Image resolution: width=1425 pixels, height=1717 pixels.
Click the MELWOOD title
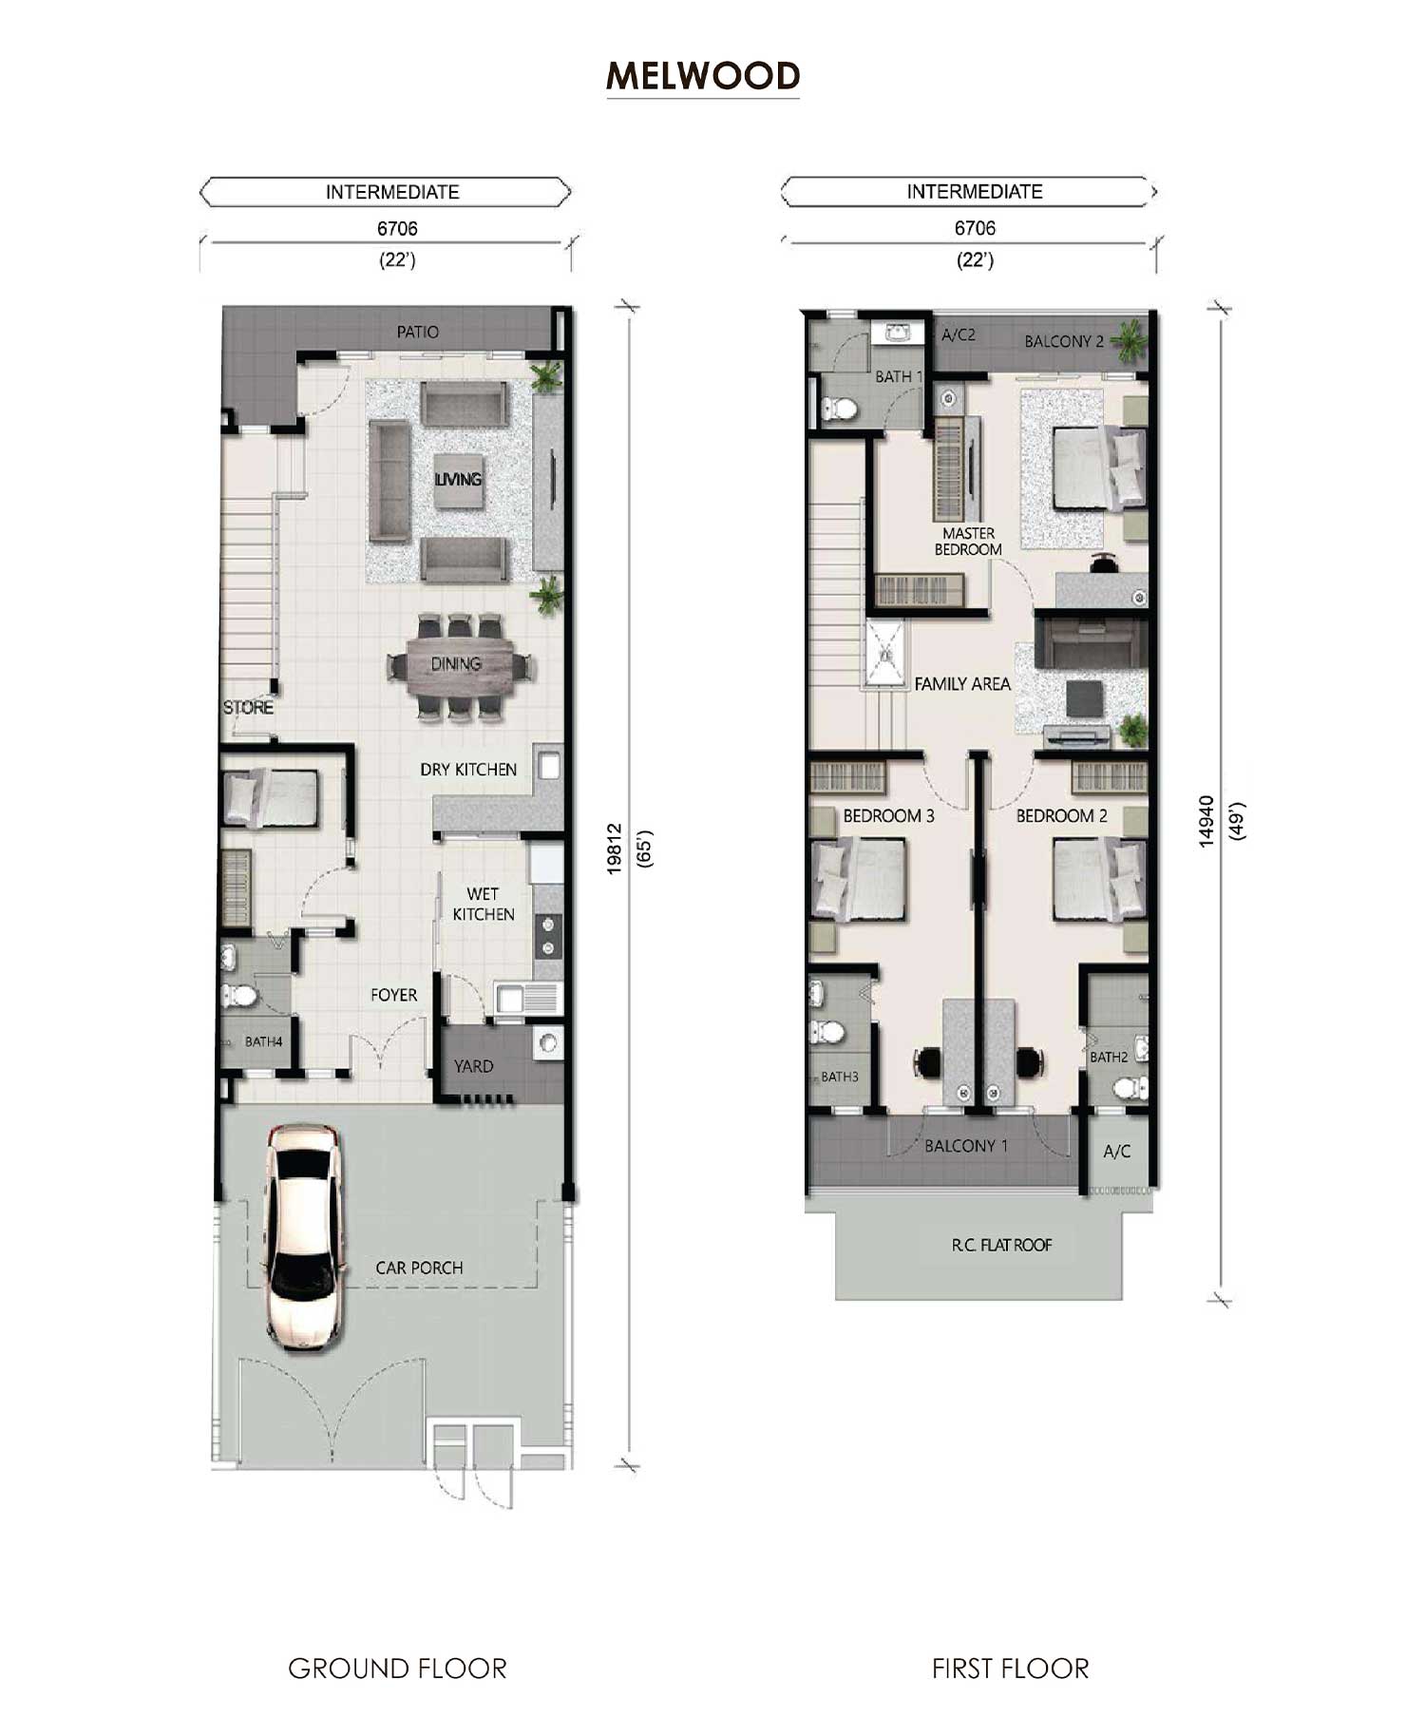pyautogui.click(x=703, y=76)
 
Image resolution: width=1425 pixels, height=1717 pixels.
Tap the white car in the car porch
pyautogui.click(x=304, y=1237)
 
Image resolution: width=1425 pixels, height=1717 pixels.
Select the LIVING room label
pyautogui.click(x=458, y=479)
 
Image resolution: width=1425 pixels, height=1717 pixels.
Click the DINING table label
pyautogui.click(x=456, y=663)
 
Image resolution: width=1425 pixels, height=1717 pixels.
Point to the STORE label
pyautogui.click(x=248, y=707)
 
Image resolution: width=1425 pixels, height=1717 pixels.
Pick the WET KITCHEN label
pyautogui.click(x=484, y=904)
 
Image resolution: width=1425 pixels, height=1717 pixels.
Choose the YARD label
pyautogui.click(x=473, y=1066)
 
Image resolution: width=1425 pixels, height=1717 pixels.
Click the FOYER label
pyautogui.click(x=393, y=995)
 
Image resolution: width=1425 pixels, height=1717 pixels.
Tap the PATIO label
pyautogui.click(x=418, y=332)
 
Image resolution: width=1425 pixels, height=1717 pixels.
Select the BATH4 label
pyautogui.click(x=263, y=1041)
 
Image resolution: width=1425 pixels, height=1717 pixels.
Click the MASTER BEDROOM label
pyautogui.click(x=968, y=542)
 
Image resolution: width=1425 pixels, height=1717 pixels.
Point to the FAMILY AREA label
pyautogui.click(x=962, y=683)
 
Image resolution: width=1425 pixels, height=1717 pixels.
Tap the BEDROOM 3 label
pyautogui.click(x=888, y=815)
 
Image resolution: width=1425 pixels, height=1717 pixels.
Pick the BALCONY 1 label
pyautogui.click(x=966, y=1146)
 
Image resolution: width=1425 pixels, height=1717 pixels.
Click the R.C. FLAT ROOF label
pyautogui.click(x=1001, y=1245)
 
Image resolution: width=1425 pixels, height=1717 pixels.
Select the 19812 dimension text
pyautogui.click(x=614, y=849)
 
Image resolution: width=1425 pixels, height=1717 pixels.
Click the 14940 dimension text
pyautogui.click(x=1206, y=821)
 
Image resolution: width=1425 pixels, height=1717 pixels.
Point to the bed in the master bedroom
pyautogui.click(x=1098, y=467)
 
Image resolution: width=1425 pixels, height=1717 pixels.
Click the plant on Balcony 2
pyautogui.click(x=1130, y=340)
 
